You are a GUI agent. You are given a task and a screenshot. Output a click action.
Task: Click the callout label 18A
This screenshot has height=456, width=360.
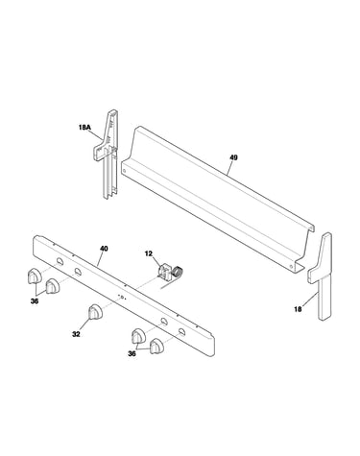[84, 128]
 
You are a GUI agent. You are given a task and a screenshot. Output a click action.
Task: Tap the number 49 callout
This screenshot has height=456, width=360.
[233, 157]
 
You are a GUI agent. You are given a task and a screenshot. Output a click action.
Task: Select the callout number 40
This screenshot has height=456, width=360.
[104, 249]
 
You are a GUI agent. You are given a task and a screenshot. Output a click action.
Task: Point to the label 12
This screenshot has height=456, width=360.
[149, 253]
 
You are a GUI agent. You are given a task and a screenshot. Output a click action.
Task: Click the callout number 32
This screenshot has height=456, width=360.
[76, 334]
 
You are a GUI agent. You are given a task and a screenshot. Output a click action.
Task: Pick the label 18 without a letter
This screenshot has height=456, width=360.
[298, 309]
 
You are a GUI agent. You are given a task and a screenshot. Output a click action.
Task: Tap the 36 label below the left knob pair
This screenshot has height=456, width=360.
[35, 301]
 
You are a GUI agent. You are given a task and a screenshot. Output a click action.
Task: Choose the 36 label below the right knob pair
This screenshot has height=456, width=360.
[132, 353]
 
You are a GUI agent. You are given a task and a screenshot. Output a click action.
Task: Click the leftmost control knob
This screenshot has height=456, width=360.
[34, 276]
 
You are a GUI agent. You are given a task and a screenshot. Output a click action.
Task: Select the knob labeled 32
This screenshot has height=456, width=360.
[95, 312]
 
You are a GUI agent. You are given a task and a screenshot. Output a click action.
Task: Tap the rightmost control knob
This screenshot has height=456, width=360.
[156, 346]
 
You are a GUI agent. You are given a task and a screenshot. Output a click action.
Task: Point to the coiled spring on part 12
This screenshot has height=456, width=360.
[178, 273]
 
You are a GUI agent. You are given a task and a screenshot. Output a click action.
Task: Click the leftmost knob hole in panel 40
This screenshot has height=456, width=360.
[60, 261]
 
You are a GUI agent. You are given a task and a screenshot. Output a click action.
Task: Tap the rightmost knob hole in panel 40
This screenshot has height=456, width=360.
[181, 331]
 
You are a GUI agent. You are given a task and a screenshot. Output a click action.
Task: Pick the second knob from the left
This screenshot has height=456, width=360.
[52, 286]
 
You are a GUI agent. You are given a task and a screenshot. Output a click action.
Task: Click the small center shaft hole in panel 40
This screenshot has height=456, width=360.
[122, 297]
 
